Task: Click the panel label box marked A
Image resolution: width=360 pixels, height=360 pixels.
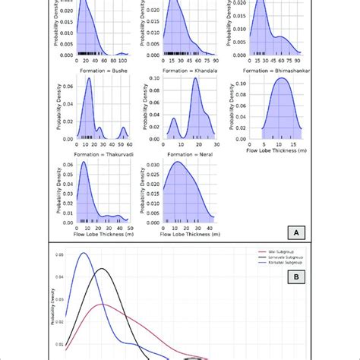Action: [291, 232]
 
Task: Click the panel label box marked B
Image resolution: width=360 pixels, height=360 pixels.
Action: [291, 257]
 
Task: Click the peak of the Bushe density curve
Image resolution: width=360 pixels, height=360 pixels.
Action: [89, 79]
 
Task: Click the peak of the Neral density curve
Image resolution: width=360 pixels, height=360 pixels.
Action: [178, 162]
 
